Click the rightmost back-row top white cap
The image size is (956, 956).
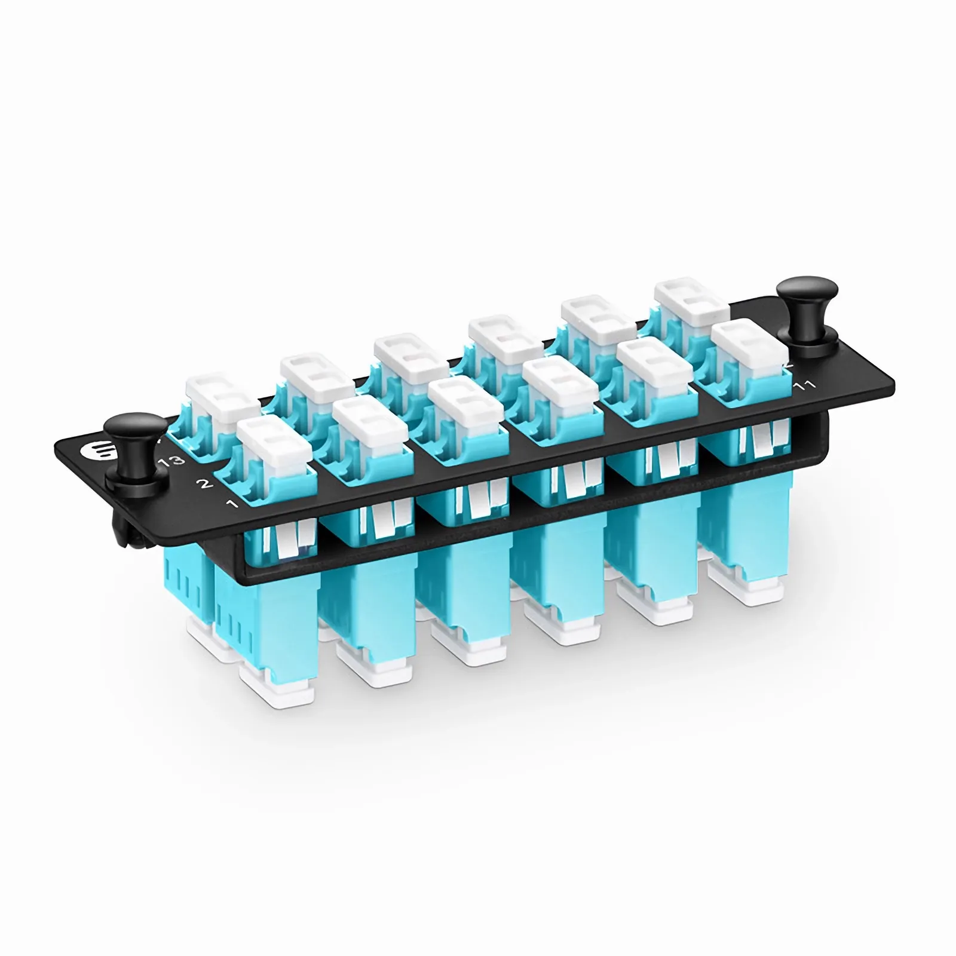[691, 300]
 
